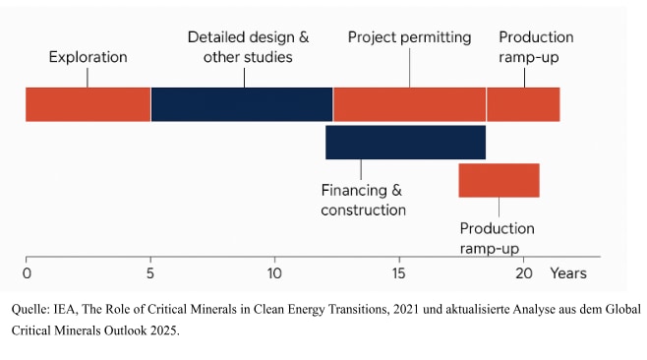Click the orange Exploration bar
88,104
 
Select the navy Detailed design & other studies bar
242,104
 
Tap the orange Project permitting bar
409,104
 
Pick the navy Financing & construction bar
406,143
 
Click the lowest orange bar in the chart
499,180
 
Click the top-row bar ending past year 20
523,104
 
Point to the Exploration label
88,57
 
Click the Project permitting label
409,37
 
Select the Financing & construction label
363,201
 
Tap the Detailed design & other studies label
248,47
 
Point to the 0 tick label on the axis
27,273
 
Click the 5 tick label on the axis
150,273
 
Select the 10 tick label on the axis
274,273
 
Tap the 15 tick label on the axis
398,273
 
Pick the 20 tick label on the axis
524,273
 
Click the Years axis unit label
568,273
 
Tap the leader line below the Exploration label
88,78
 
